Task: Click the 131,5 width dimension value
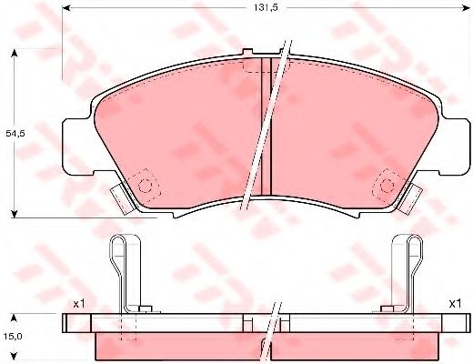pyautogui.click(x=266, y=8)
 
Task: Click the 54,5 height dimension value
pyautogui.click(x=15, y=133)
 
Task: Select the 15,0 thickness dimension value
pyautogui.click(x=14, y=337)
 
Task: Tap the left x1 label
pyautogui.click(x=79, y=304)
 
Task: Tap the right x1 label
pyautogui.click(x=455, y=303)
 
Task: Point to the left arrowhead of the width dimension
pyautogui.click(x=66, y=8)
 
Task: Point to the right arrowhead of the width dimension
pyautogui.click(x=465, y=8)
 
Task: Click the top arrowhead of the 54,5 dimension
pyautogui.click(x=14, y=55)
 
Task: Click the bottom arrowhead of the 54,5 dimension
pyautogui.click(x=14, y=214)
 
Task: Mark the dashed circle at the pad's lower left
pyautogui.click(x=146, y=186)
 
